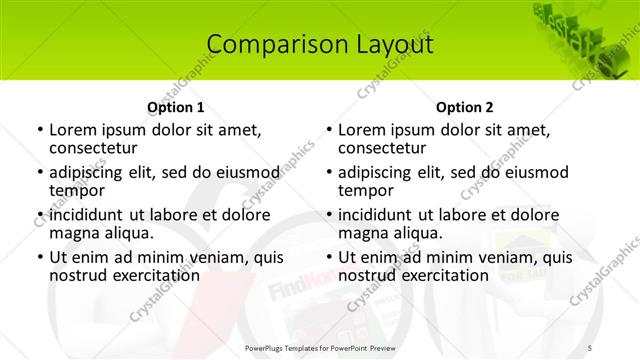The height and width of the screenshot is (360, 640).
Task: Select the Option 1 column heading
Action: coord(176,107)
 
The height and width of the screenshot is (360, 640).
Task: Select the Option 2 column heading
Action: coord(465,107)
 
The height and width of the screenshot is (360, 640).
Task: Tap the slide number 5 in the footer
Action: coord(588,347)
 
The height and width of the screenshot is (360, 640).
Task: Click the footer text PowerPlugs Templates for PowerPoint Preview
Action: coord(320,347)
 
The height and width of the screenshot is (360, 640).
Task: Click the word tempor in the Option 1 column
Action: coord(75,189)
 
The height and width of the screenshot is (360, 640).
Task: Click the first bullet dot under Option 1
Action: coord(39,131)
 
